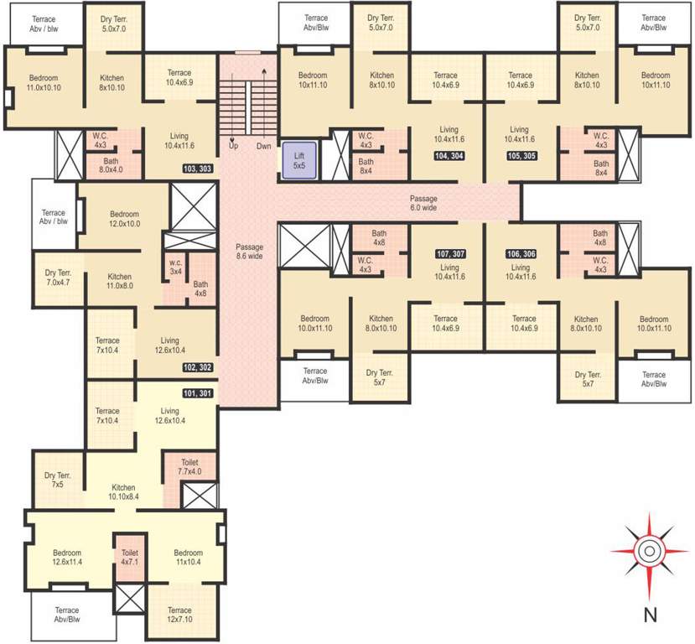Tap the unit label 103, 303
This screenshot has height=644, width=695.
[x=198, y=169]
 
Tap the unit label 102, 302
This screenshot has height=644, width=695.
[x=198, y=367]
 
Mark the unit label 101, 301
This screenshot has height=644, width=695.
[x=198, y=392]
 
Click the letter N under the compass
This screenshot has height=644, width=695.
[x=649, y=615]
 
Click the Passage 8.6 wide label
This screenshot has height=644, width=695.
[x=249, y=252]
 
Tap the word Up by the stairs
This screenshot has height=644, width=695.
[x=233, y=146]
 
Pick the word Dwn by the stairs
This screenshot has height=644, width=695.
[x=264, y=146]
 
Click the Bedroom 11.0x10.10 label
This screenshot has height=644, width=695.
[x=44, y=82]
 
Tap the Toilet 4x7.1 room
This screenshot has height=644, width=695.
[x=129, y=558]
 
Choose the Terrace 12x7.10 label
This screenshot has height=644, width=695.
[x=179, y=615]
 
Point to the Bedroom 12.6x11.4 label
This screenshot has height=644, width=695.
[x=67, y=558]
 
